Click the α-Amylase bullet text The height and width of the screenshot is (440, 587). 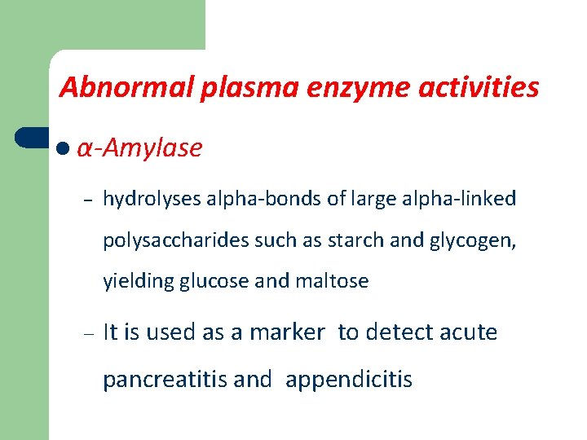(139, 148)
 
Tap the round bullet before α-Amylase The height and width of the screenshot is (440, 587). (64, 149)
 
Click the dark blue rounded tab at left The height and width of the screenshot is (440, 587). (32, 139)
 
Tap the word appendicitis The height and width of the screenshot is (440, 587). (349, 380)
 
